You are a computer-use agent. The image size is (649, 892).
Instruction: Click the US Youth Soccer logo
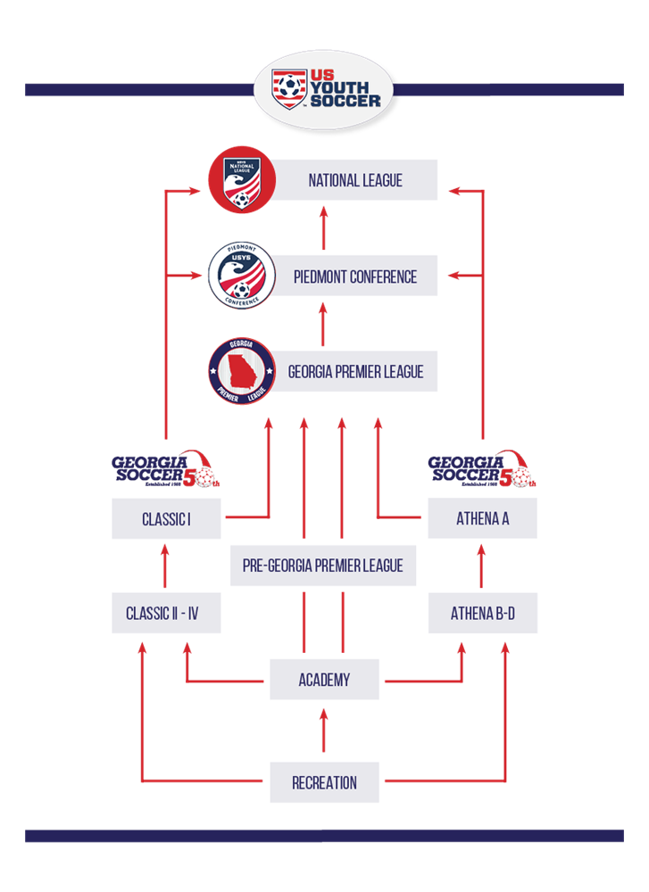(x=323, y=89)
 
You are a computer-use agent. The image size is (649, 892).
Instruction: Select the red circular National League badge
(x=241, y=181)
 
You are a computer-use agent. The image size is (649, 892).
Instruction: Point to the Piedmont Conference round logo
(x=241, y=277)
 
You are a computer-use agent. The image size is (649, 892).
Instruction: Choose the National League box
(x=354, y=180)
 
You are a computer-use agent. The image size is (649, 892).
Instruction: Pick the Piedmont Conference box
(x=354, y=277)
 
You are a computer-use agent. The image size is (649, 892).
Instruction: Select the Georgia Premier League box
(x=354, y=370)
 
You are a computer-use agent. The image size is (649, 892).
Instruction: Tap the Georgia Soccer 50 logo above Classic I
(x=165, y=470)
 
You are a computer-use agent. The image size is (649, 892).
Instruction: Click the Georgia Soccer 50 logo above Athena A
(x=482, y=470)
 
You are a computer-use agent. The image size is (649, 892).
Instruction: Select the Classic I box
(x=166, y=518)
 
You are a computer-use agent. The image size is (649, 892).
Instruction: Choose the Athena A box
(x=482, y=518)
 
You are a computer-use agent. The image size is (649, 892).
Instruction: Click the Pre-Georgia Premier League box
(x=323, y=566)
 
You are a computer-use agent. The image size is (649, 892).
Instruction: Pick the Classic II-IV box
(x=166, y=613)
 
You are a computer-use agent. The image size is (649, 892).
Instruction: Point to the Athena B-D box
(x=482, y=613)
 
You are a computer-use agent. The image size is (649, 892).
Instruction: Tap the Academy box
(x=324, y=679)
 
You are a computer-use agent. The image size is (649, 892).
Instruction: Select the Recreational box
(x=324, y=782)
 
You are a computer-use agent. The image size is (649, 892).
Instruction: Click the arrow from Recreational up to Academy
(x=323, y=731)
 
